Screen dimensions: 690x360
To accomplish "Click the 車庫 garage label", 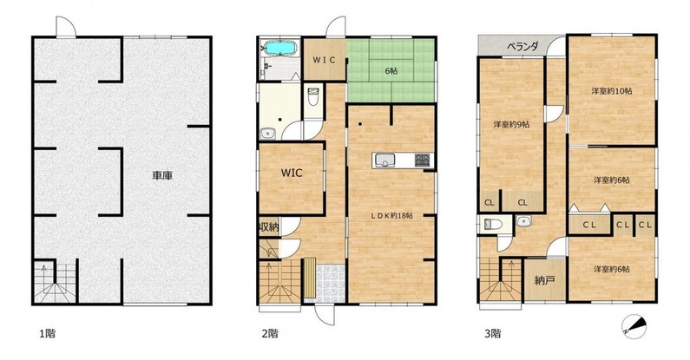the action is (162, 176).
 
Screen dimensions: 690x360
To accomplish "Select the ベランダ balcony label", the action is (522, 47).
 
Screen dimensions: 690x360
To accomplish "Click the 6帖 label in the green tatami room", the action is (391, 70).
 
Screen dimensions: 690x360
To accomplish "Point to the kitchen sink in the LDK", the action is (385, 160).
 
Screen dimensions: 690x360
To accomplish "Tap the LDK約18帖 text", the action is (391, 216).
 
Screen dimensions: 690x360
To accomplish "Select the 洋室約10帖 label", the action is (612, 91).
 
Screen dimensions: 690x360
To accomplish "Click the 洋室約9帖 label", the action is (511, 124).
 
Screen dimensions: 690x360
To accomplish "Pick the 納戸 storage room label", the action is (544, 280).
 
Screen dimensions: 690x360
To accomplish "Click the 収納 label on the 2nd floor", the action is (269, 227).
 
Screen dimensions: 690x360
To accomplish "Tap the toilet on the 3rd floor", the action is (493, 225).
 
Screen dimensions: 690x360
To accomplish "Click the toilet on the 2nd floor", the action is (312, 97).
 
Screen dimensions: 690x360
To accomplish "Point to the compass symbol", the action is (634, 325).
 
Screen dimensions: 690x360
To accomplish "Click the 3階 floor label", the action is (492, 334).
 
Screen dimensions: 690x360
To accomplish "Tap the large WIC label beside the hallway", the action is (292, 173).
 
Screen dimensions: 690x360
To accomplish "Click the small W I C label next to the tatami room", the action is (324, 60).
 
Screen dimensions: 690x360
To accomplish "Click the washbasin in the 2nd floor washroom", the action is (267, 134).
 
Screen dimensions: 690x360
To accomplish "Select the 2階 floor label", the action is (270, 334).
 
